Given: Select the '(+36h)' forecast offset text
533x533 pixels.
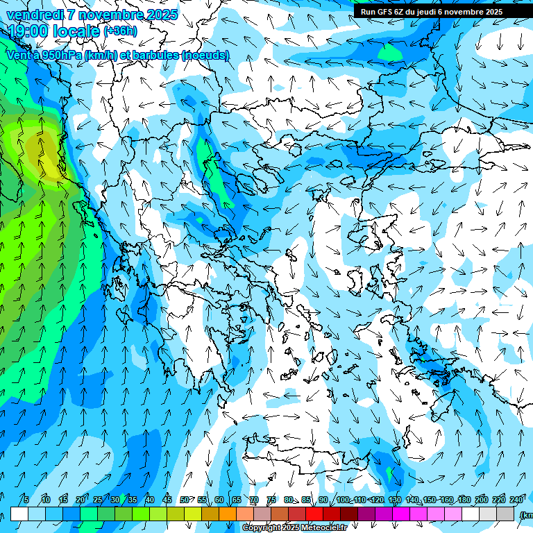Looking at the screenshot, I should click(x=120, y=31).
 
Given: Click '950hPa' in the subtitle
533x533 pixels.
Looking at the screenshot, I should click(x=60, y=55).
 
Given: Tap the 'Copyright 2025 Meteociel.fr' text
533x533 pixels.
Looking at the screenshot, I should click(x=294, y=528).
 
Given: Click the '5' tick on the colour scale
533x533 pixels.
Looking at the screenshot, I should click(x=26, y=500).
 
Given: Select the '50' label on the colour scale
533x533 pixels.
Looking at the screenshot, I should click(x=184, y=500).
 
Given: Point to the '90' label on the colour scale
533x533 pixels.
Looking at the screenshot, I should click(x=323, y=500).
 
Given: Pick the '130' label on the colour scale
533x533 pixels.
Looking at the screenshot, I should click(x=395, y=500).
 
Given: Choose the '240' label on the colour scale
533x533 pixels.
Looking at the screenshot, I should click(x=516, y=500).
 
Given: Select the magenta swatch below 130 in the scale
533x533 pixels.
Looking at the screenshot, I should click(x=401, y=514).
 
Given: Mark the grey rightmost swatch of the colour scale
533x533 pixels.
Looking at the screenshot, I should click(x=505, y=514).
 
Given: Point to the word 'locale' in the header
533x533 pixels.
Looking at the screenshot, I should click(x=78, y=31).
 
